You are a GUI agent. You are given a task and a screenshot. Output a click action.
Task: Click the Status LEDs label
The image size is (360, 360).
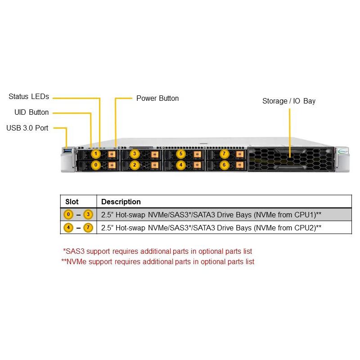pos(29,97)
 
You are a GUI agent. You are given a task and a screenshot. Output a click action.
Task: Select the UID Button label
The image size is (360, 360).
pos(31,112)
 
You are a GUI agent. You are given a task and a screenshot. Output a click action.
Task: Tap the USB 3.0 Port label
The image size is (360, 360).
pos(27,128)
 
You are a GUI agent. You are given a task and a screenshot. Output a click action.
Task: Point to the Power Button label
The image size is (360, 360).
pos(157,98)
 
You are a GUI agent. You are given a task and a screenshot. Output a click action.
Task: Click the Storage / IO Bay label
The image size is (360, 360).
pos(289,101)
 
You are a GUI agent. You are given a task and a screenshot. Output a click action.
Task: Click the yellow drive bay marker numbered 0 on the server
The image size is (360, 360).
pos(95,165)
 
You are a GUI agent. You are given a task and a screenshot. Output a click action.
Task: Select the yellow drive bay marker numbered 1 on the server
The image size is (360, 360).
pos(95,154)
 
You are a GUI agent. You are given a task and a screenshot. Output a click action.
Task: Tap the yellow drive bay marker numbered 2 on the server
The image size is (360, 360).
pos(134,165)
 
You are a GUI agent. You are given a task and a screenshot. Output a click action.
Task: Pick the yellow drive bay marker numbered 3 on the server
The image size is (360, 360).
pos(134,154)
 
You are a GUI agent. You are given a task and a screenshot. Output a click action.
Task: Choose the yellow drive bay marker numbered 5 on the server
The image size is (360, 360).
pos(180,154)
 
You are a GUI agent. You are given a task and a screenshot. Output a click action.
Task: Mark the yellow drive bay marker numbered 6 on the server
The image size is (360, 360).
pos(224,165)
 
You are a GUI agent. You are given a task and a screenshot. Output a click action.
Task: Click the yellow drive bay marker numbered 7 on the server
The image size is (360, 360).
pos(224,154)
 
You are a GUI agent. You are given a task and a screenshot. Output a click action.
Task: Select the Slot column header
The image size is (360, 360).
pos(72,202)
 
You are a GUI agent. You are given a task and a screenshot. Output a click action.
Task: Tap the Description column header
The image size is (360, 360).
pos(121,202)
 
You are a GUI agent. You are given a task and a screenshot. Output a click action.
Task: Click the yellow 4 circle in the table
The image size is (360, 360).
pos(68,228)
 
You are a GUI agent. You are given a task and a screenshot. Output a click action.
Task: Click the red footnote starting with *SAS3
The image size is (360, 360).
pos(157,251)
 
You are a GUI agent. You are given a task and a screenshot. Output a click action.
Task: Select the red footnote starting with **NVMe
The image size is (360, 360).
pos(157,261)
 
